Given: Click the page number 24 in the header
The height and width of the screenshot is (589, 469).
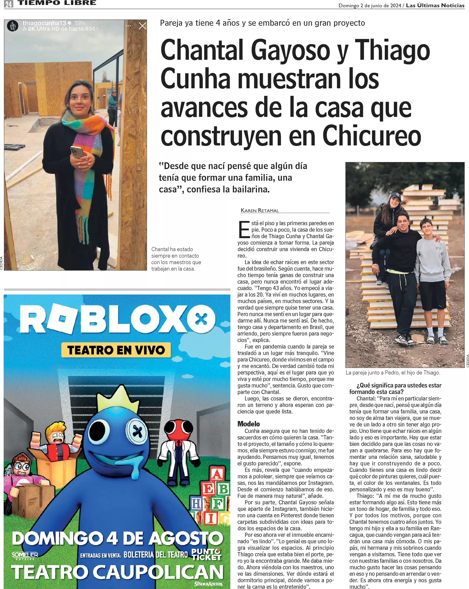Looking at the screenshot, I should pos(9,4).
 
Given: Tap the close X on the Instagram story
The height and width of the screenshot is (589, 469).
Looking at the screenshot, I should pos(142,26).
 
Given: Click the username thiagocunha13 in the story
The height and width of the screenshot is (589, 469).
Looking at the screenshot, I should pos(44,23).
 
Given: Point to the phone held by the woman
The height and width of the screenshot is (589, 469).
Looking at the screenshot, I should pos(77,152).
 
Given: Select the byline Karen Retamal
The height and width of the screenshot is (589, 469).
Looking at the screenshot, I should pos(259,210).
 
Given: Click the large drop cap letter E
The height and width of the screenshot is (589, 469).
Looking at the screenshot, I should pos(244,230).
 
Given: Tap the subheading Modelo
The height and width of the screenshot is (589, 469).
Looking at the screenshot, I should pos(248,424).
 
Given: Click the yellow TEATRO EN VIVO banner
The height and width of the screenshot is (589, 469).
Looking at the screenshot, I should pos(116,350).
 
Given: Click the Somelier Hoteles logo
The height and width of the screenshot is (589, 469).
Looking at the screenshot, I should pos(25,555).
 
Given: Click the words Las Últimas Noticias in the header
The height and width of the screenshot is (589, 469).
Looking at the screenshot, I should pos(435,5).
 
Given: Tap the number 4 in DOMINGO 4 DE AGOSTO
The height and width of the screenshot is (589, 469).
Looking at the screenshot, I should pos(112,538).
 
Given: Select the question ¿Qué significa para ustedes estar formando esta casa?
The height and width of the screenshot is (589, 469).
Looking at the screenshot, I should pos(395,388).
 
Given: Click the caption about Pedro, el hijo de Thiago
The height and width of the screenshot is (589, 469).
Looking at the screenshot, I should pos(393,373).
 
